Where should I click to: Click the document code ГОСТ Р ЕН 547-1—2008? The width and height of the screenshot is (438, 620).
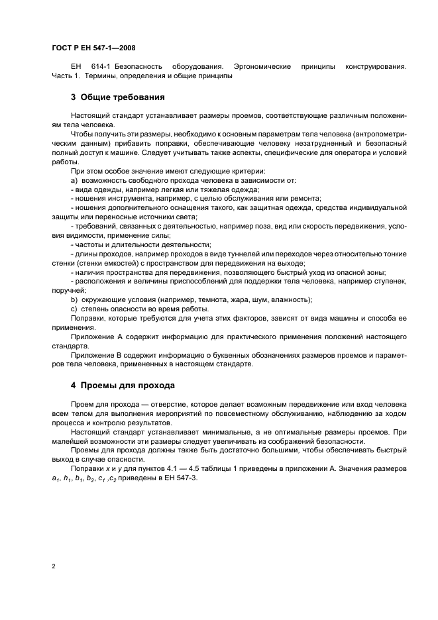coord(93,48)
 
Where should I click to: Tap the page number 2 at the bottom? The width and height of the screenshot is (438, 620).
coord(54,566)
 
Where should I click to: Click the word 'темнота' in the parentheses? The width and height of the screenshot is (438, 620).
coord(217,299)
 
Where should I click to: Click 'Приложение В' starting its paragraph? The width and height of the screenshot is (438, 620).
coord(93,356)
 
